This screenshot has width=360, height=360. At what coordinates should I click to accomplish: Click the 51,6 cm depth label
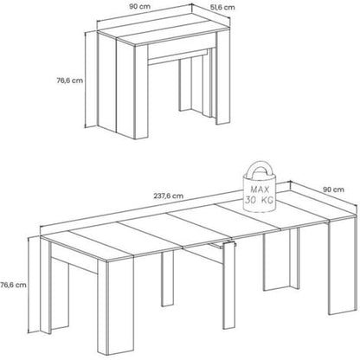222,8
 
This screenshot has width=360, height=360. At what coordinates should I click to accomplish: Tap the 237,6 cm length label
168,196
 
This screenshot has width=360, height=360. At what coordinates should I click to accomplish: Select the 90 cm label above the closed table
139,6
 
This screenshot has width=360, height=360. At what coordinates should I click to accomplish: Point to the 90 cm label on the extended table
333,190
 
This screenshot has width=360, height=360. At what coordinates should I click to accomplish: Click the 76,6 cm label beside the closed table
69,80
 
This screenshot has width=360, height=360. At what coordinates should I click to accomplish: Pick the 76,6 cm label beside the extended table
13,285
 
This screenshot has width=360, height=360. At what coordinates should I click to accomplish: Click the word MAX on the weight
260,190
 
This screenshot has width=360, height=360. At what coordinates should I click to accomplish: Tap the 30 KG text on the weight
259,200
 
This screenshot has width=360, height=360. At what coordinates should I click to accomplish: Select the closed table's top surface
164,31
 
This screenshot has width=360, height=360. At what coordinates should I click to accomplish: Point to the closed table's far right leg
223,78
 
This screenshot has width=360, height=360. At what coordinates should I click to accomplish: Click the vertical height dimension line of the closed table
86,80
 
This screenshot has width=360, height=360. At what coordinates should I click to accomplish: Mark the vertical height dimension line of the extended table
29,286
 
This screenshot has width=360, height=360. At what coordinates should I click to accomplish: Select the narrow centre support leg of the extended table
229,285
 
